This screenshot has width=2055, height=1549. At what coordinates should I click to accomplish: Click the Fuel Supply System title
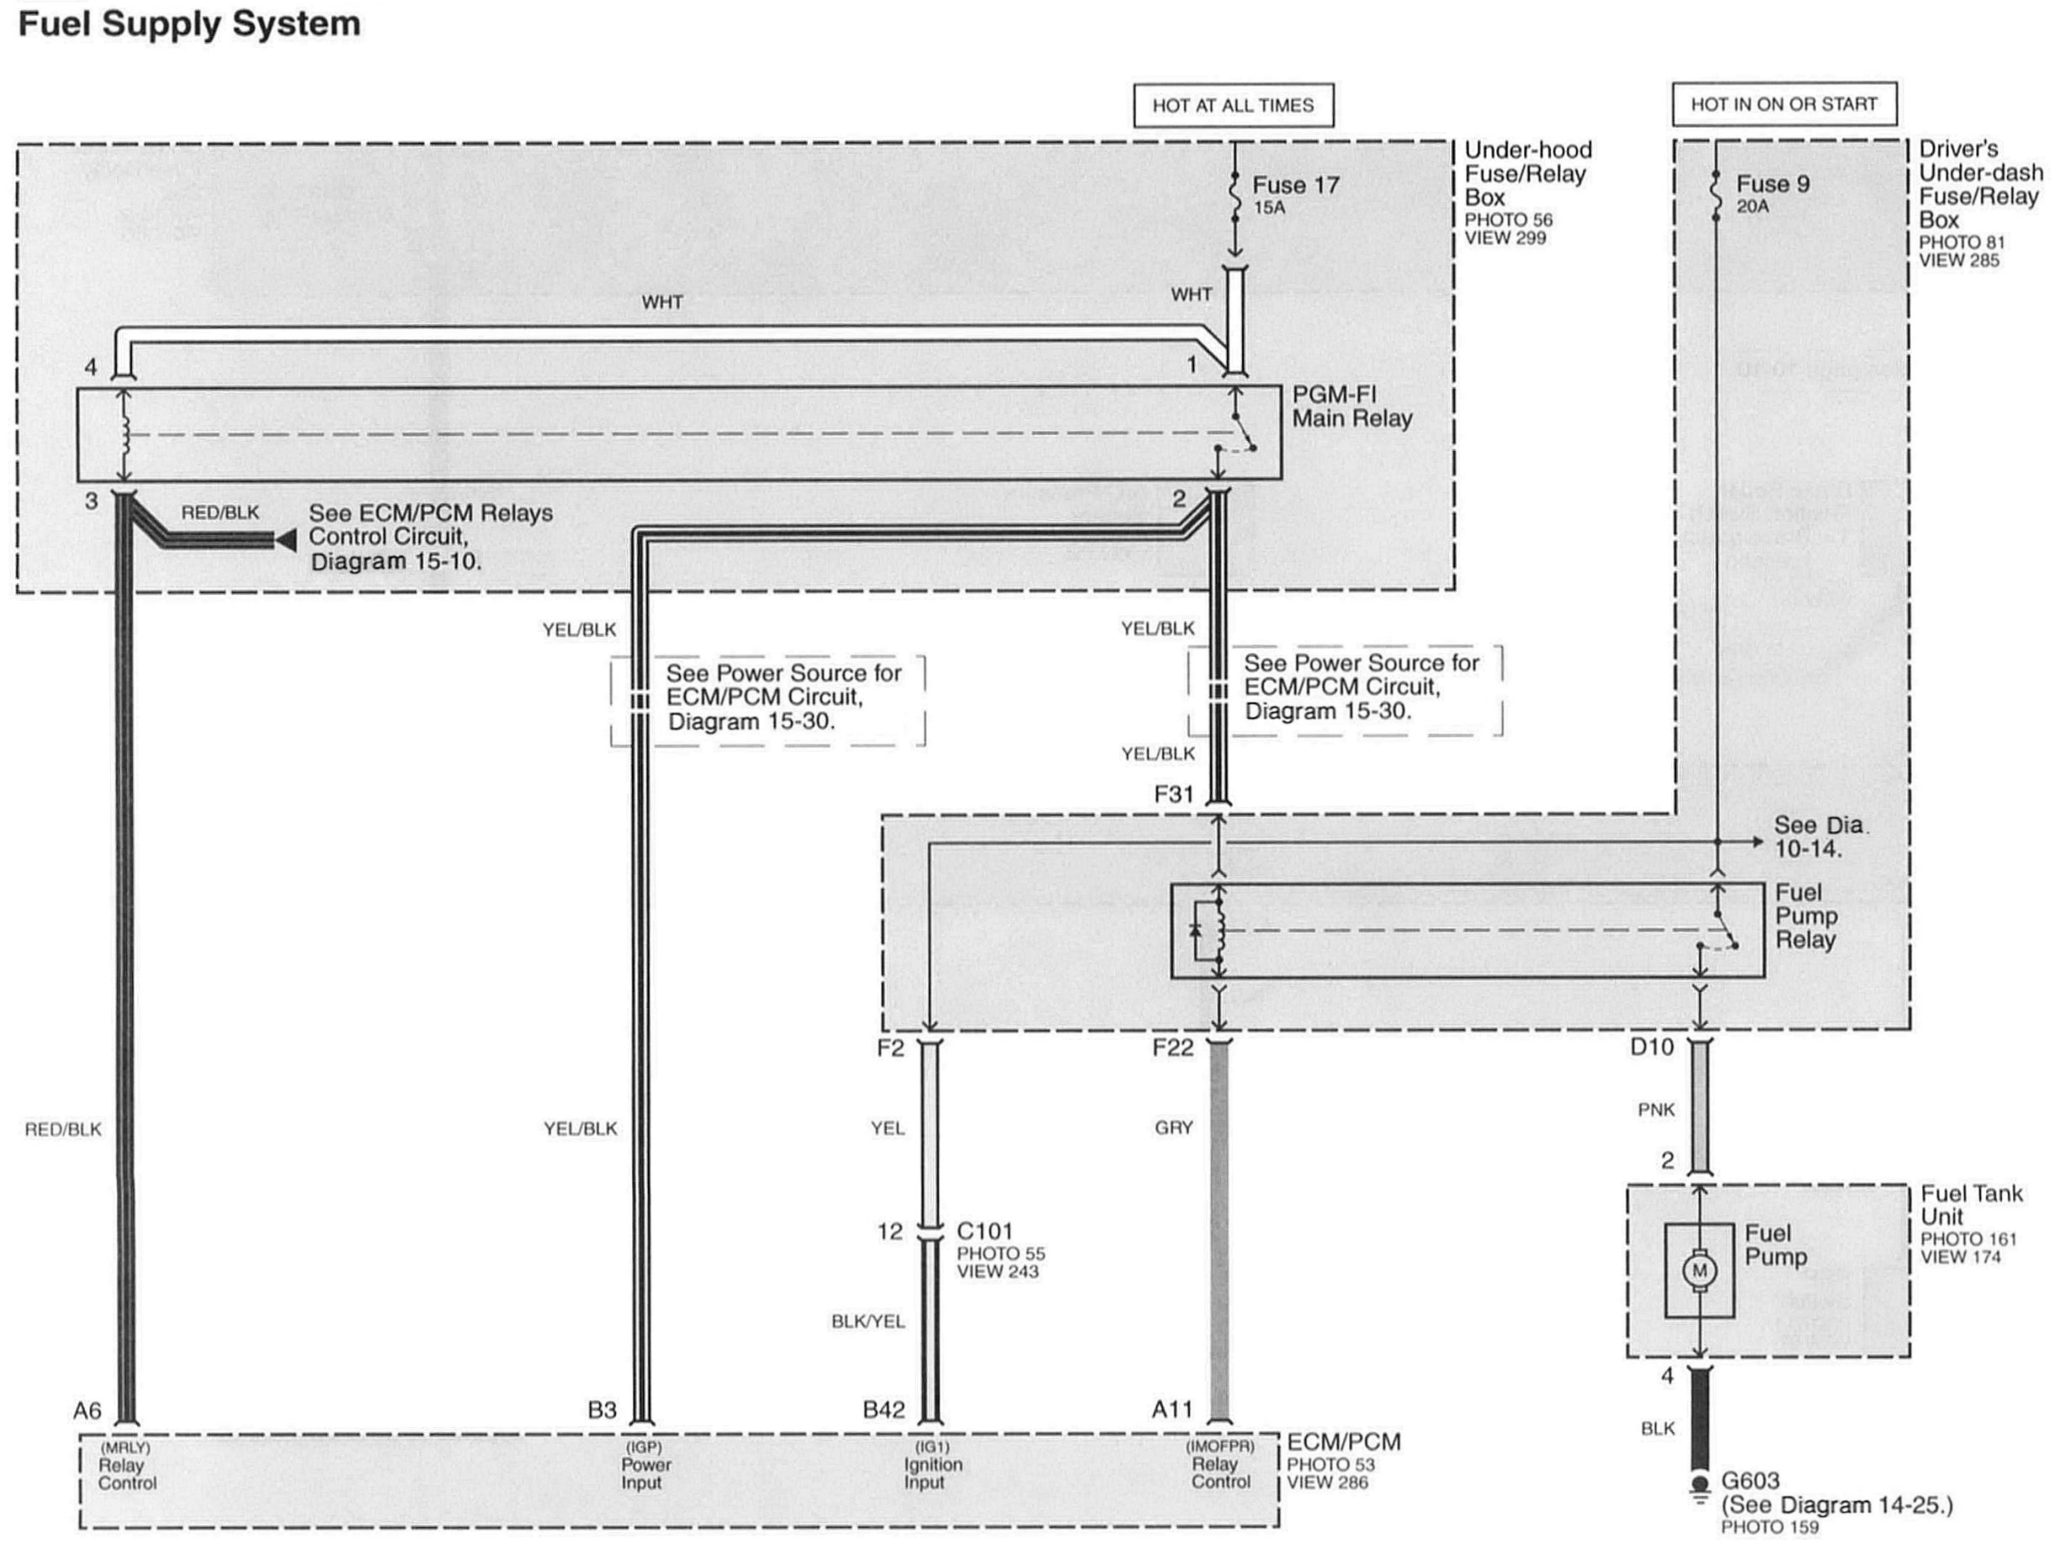click(x=189, y=24)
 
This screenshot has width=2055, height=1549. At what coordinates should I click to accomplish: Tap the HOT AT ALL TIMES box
click(x=1233, y=105)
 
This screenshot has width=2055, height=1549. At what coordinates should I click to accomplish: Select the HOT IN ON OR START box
click(x=1784, y=104)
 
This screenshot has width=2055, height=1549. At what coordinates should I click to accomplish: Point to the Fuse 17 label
click(x=1295, y=186)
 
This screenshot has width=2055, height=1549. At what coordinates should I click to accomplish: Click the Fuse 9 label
click(x=1773, y=184)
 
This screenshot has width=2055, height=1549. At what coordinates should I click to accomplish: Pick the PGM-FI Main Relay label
click(x=1351, y=407)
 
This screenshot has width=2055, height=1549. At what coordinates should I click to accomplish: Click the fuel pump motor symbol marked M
click(x=1699, y=1270)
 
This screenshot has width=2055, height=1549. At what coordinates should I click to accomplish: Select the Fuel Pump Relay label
click(x=1806, y=916)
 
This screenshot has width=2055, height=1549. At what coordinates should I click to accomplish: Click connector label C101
click(x=985, y=1231)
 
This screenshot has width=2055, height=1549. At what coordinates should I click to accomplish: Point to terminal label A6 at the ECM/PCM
click(x=87, y=1410)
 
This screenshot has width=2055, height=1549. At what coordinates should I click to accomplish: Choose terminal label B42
click(x=883, y=1410)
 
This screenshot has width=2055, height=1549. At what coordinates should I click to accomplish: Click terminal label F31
click(x=1173, y=794)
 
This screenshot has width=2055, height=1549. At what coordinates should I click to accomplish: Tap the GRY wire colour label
click(x=1173, y=1127)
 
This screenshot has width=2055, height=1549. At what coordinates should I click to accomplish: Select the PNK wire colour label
click(x=1657, y=1110)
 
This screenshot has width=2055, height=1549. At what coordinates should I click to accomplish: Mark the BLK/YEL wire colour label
click(x=867, y=1321)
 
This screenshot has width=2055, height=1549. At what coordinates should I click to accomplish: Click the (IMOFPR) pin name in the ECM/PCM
click(x=1220, y=1446)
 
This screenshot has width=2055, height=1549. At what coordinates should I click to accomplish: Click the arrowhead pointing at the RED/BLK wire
click(x=285, y=539)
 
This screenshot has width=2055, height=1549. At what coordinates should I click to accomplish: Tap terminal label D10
click(x=1652, y=1047)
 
